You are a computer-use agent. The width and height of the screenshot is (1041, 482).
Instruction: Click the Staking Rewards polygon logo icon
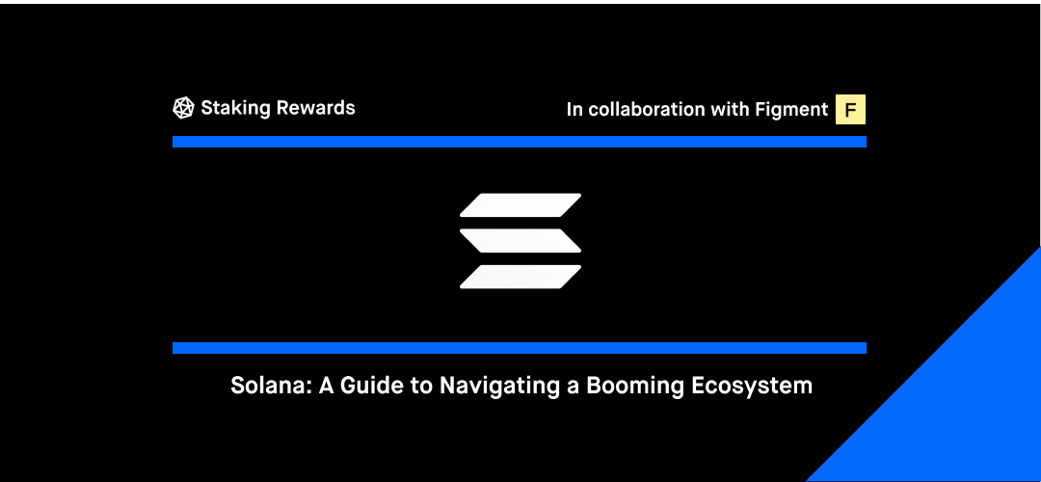click(x=183, y=108)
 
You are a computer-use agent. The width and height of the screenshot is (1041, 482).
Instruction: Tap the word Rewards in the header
click(x=315, y=108)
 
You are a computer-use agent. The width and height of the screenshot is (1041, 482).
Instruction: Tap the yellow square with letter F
click(x=850, y=110)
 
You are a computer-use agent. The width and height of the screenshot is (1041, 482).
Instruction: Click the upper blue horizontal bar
click(x=520, y=142)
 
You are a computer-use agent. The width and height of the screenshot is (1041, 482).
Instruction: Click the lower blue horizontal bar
click(x=520, y=348)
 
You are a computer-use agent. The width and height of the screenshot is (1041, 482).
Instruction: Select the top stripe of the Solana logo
click(x=520, y=205)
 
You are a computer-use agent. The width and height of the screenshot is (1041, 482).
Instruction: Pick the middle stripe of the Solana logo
click(x=520, y=241)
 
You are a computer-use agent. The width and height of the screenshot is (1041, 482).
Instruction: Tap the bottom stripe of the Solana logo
click(x=520, y=277)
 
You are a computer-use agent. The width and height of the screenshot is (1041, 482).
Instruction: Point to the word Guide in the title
click(x=372, y=386)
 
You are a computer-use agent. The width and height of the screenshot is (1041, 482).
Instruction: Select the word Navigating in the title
click(x=500, y=388)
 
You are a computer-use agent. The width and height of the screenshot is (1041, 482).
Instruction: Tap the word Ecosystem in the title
click(x=752, y=388)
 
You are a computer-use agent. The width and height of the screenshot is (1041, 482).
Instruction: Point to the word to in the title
click(x=422, y=387)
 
